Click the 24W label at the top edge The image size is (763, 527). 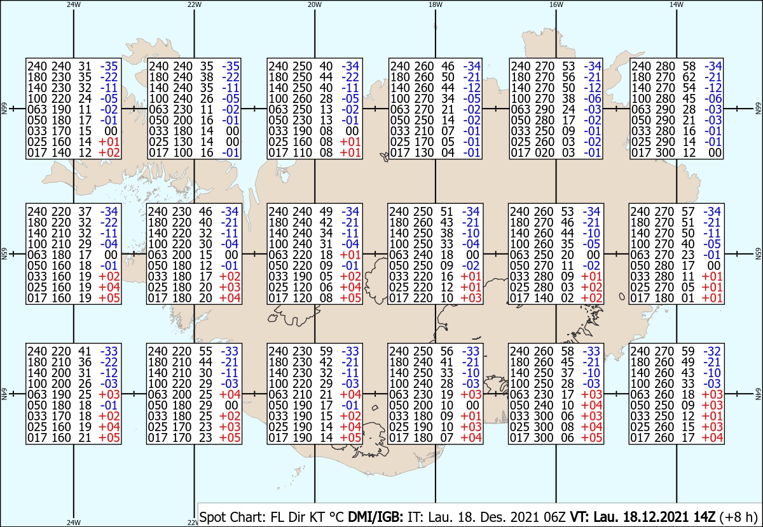click(74, 4)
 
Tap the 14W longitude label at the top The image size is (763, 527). click(677, 4)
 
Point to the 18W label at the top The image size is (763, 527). click(436, 4)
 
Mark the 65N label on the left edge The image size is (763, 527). click(4, 253)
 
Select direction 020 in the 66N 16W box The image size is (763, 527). click(547, 152)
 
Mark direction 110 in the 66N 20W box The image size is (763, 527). click(305, 152)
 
